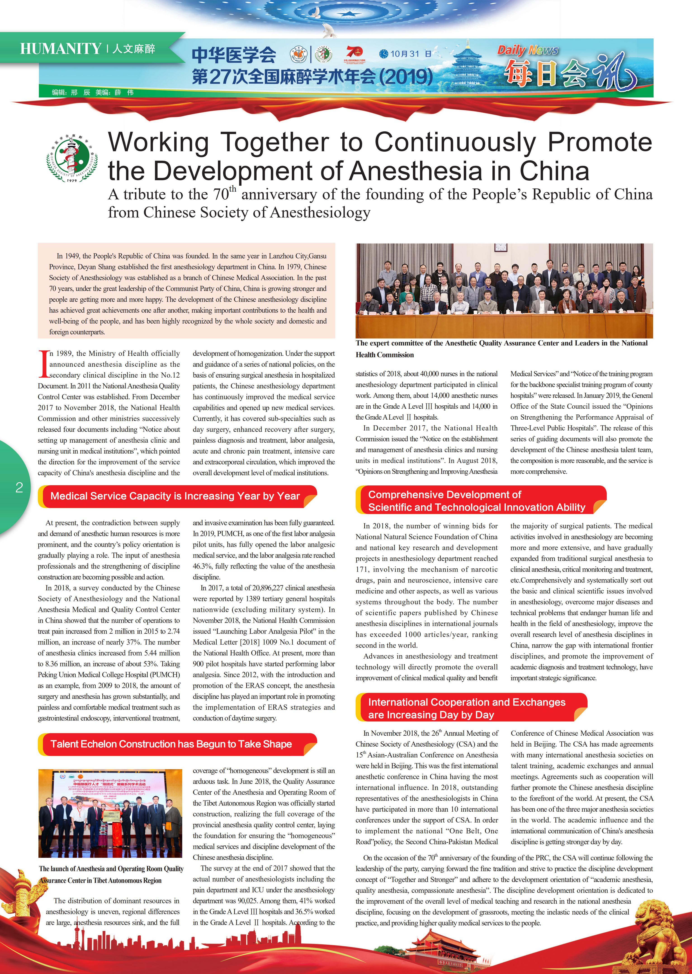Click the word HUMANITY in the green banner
point(61,49)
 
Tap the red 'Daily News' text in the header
point(527,50)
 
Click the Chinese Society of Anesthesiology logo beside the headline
point(72,158)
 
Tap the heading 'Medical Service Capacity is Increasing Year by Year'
point(175,496)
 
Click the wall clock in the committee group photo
point(501,248)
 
